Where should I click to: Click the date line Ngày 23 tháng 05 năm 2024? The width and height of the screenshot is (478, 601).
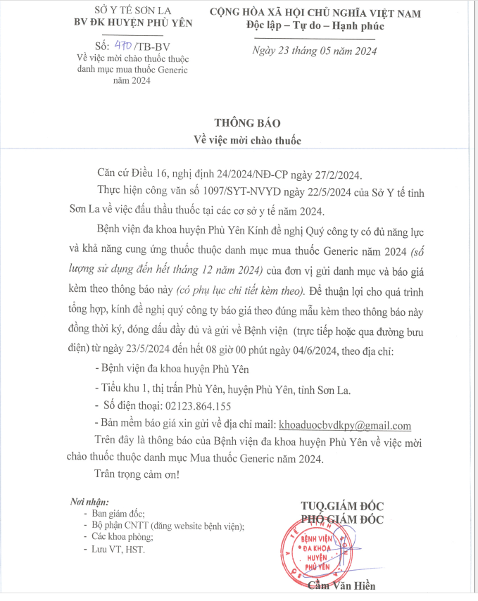315,51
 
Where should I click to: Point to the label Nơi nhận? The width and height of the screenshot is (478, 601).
89,502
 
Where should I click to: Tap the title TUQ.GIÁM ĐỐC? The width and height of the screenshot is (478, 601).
342,506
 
